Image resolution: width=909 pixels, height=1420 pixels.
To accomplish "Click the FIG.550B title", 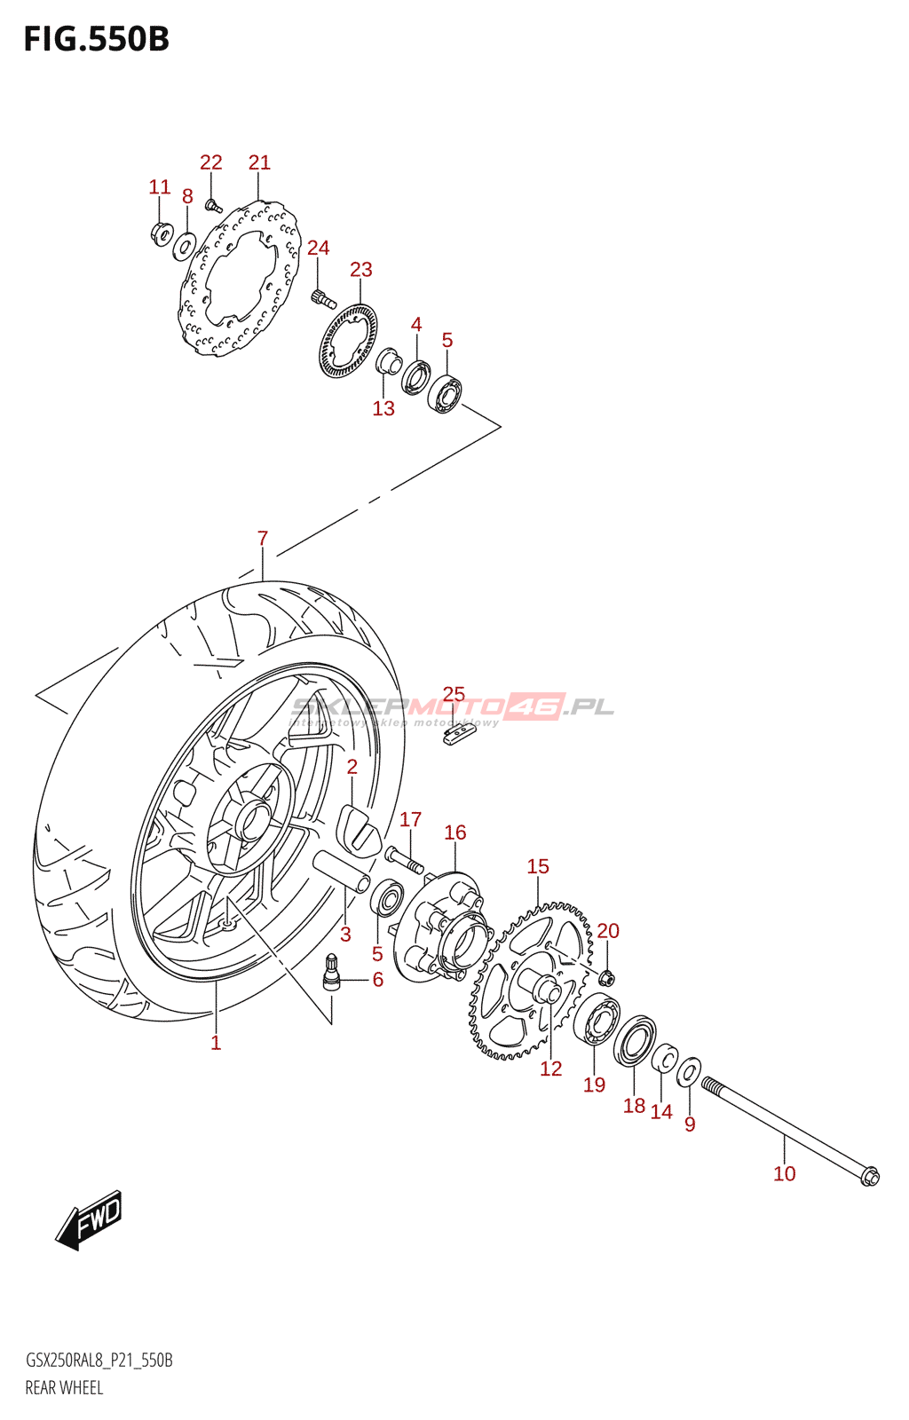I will (x=96, y=40).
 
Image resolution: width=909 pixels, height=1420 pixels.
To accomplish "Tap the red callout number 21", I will (x=259, y=162).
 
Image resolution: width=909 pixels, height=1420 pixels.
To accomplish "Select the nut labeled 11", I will (x=162, y=233).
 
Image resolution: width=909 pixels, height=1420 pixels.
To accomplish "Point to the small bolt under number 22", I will (x=213, y=207).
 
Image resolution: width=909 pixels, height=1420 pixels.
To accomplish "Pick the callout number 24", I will (x=318, y=248).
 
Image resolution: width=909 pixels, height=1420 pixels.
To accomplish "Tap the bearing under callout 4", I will (x=415, y=376).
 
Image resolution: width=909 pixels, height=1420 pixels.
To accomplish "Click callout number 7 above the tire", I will (x=263, y=538).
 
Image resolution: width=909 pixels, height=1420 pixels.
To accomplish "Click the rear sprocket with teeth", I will (x=531, y=981).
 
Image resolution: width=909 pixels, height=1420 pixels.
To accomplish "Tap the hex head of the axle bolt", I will (x=869, y=1177).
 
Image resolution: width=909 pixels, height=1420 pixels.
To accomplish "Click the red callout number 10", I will (x=785, y=1173).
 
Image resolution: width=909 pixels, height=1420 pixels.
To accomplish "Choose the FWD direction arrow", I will (x=89, y=1220).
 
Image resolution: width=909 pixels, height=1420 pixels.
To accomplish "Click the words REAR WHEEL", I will (x=64, y=1388).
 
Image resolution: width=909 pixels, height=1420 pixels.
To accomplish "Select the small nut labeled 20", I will (x=607, y=978).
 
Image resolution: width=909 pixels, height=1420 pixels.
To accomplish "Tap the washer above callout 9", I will (x=689, y=1073).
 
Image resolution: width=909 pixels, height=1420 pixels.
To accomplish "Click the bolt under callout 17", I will (x=404, y=858).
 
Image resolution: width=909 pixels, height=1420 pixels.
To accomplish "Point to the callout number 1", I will (x=216, y=1043).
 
